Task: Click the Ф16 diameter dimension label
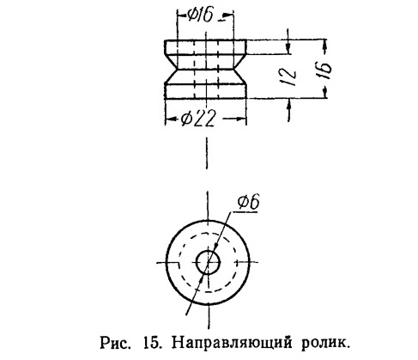coord(201,15)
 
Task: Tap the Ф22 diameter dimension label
coord(197,119)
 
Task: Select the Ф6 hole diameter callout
coord(248,202)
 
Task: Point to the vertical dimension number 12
coord(289,76)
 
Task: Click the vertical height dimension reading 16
coord(325,70)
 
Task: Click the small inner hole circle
coord(208,262)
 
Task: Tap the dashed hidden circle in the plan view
coord(208,262)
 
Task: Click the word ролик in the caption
coord(325,343)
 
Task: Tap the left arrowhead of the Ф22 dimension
coord(169,119)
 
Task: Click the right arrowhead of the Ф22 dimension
coord(242,119)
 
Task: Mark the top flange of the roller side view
coord(205,47)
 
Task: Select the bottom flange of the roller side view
coord(205,91)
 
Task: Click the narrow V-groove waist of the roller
coord(205,70)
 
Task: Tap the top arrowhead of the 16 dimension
coord(325,45)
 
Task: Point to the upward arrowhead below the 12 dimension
coord(289,104)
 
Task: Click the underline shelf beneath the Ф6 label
coord(245,212)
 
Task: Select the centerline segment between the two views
coord(207,153)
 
